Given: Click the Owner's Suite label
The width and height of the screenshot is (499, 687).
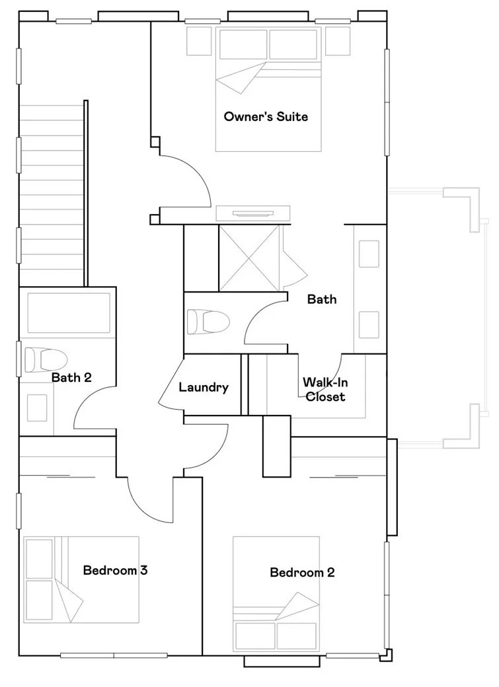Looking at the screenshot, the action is tap(266, 116).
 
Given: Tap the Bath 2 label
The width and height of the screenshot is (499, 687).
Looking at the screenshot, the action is tap(71, 377).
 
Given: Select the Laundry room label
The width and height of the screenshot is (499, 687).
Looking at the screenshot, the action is tap(204, 387).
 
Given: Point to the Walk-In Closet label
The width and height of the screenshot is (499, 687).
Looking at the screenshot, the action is tap(325, 389).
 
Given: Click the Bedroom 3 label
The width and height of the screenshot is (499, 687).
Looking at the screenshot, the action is tap(115, 570).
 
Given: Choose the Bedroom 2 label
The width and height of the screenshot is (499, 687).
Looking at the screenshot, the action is tap(302, 572).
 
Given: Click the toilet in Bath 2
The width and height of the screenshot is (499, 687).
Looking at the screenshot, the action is tap(46, 360).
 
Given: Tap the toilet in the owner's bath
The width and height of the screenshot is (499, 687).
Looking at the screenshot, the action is tap(208, 322).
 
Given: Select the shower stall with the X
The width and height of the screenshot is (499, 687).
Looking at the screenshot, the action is tap(249, 258).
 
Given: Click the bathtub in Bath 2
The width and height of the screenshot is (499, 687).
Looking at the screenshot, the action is tap(69, 313).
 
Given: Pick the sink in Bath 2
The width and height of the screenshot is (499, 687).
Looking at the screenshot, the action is tap(37, 408).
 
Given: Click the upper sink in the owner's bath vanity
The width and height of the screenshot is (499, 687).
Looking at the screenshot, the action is tap(369, 254).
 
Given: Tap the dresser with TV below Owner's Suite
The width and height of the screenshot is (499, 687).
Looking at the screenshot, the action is tap(253, 213).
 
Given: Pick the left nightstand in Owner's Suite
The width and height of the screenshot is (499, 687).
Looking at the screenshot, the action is tap(199, 41).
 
